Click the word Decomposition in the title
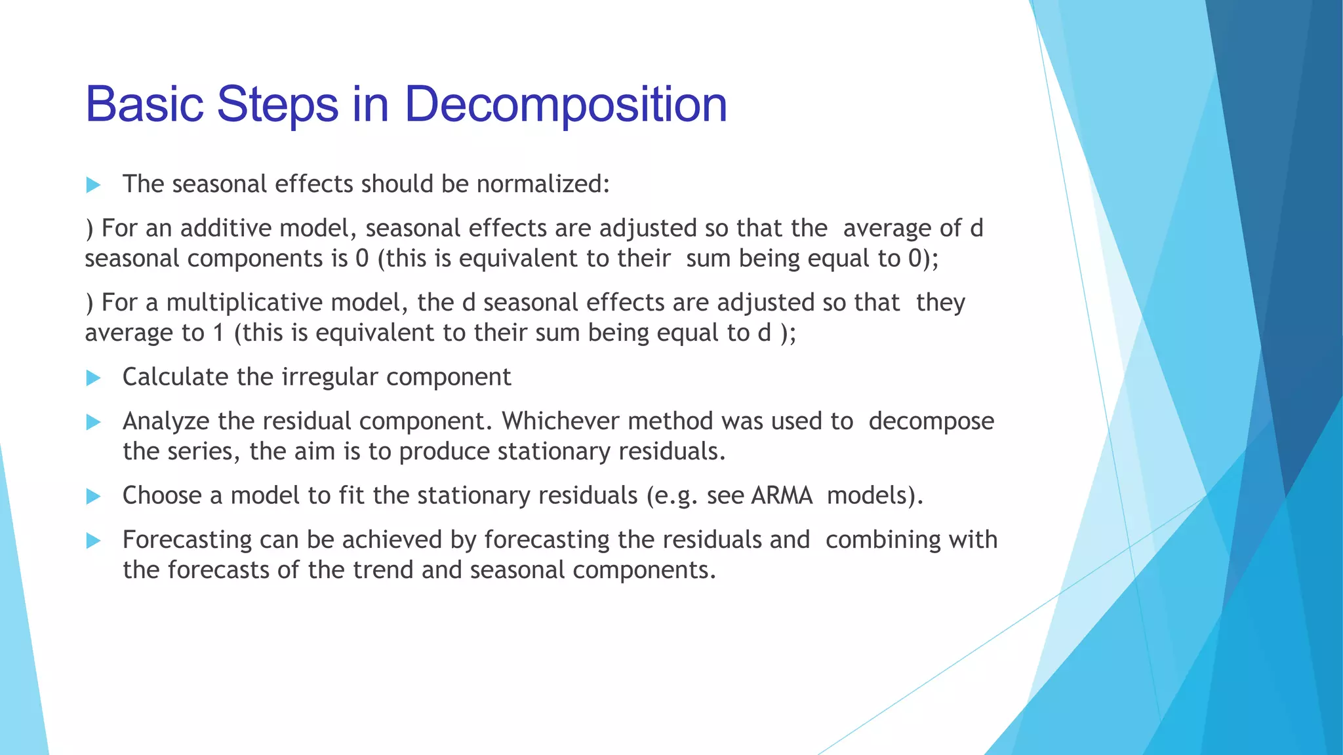coord(565,105)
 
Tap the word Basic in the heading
coord(144,105)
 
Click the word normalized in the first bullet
coord(543,184)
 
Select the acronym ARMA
coord(782,495)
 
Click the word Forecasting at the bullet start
coord(187,540)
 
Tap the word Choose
coord(162,495)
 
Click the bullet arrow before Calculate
coord(93,377)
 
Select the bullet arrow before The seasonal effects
coord(93,185)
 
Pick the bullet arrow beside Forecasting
coord(93,541)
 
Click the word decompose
coord(931,421)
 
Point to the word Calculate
coord(176,377)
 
